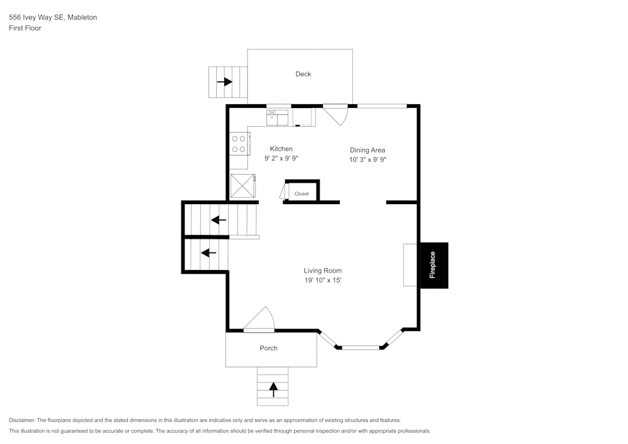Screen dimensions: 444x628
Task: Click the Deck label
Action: pyautogui.click(x=303, y=74)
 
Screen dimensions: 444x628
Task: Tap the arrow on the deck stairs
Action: pyautogui.click(x=224, y=82)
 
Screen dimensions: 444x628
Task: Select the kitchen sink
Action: pyautogui.click(x=277, y=117)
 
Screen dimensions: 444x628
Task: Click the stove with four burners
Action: pyautogui.click(x=238, y=144)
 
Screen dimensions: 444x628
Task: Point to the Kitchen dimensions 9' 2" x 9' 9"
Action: pyautogui.click(x=281, y=159)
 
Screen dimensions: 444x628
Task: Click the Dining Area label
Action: pyautogui.click(x=367, y=150)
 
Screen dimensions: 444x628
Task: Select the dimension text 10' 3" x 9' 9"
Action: pyautogui.click(x=367, y=160)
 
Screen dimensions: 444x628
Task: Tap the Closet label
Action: pyautogui.click(x=301, y=194)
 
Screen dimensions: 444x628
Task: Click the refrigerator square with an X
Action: pyautogui.click(x=243, y=187)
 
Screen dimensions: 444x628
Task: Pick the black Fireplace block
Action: pyautogui.click(x=433, y=265)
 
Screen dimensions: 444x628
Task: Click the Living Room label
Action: pyautogui.click(x=323, y=271)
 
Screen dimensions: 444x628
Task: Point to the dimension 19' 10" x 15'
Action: pyautogui.click(x=323, y=281)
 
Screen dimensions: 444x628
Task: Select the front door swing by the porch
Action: pyautogui.click(x=261, y=320)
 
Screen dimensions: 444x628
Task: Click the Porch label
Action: pyautogui.click(x=268, y=349)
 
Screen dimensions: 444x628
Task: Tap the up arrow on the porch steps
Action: pyautogui.click(x=273, y=389)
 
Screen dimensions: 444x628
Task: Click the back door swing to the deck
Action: pyautogui.click(x=336, y=115)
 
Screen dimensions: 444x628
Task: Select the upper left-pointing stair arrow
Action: pyautogui.click(x=219, y=220)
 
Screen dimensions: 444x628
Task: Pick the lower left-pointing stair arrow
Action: pyautogui.click(x=208, y=252)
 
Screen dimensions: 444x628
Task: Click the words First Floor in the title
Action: pyautogui.click(x=25, y=28)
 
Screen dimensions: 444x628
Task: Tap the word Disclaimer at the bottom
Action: pyautogui.click(x=23, y=420)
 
